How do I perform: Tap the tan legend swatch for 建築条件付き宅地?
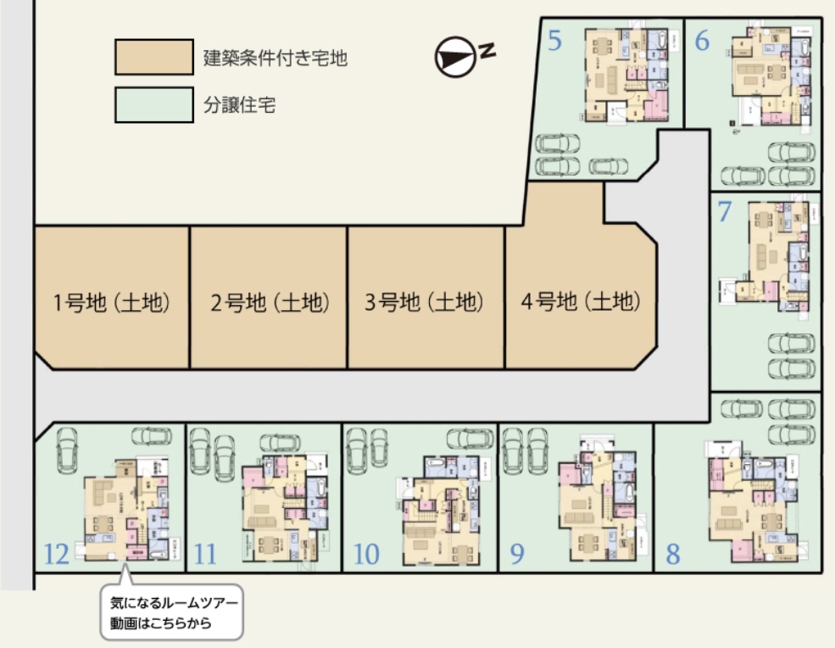[153, 58]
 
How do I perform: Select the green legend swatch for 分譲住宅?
[153, 106]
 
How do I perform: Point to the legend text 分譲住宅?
[240, 106]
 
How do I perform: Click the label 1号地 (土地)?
[111, 301]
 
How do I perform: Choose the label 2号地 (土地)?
[269, 301]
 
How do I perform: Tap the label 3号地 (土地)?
[425, 301]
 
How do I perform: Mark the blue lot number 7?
[725, 211]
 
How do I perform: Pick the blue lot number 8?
[673, 555]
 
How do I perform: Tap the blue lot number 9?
[517, 555]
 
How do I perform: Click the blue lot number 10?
[365, 555]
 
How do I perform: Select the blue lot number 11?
[205, 555]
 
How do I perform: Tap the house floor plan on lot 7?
[771, 254]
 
